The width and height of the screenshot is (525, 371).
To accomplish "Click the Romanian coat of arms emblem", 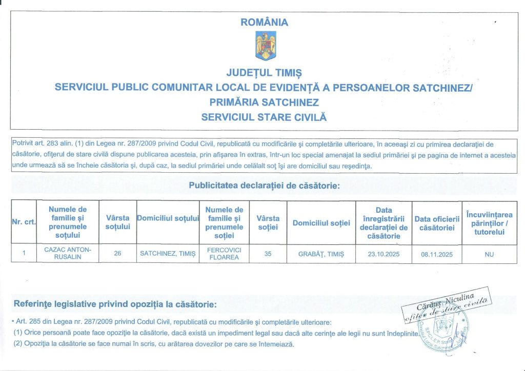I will [x=266, y=45].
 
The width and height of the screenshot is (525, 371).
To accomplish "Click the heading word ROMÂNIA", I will [x=265, y=23].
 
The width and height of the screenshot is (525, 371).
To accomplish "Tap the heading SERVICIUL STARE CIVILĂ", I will [x=264, y=117].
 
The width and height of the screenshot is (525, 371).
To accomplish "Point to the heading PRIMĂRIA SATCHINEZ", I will [x=264, y=102].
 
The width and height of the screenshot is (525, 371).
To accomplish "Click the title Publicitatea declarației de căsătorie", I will [x=265, y=186].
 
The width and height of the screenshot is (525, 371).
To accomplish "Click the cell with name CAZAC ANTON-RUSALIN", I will [x=68, y=253].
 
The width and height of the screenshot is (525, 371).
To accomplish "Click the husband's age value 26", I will [x=117, y=253].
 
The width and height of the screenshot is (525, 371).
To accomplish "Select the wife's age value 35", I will [x=267, y=253].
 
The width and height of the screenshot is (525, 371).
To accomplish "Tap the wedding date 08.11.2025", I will [x=437, y=254].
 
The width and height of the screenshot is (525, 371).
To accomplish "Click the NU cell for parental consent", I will [x=489, y=254].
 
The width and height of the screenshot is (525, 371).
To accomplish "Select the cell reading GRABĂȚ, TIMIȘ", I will [x=321, y=254].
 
